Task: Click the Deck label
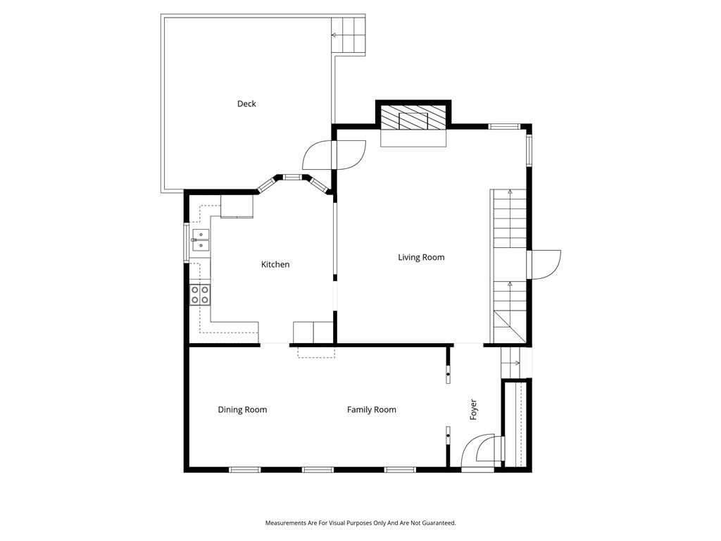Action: click(x=246, y=104)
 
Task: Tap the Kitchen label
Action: click(x=275, y=265)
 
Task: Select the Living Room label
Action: click(x=421, y=257)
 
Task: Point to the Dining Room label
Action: click(x=242, y=410)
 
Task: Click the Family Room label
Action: click(x=372, y=410)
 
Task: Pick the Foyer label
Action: click(x=474, y=409)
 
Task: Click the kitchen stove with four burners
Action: click(x=200, y=294)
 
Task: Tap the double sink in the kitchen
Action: click(x=201, y=240)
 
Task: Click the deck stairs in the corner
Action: click(x=349, y=35)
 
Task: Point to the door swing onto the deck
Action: click(x=318, y=155)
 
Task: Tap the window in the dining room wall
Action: click(x=245, y=470)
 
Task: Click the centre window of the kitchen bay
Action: click(x=291, y=177)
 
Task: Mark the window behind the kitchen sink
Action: click(x=187, y=243)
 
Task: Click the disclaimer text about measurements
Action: click(x=360, y=523)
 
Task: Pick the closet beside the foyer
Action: click(x=515, y=423)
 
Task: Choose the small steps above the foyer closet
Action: click(x=511, y=363)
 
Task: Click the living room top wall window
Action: click(x=504, y=126)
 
